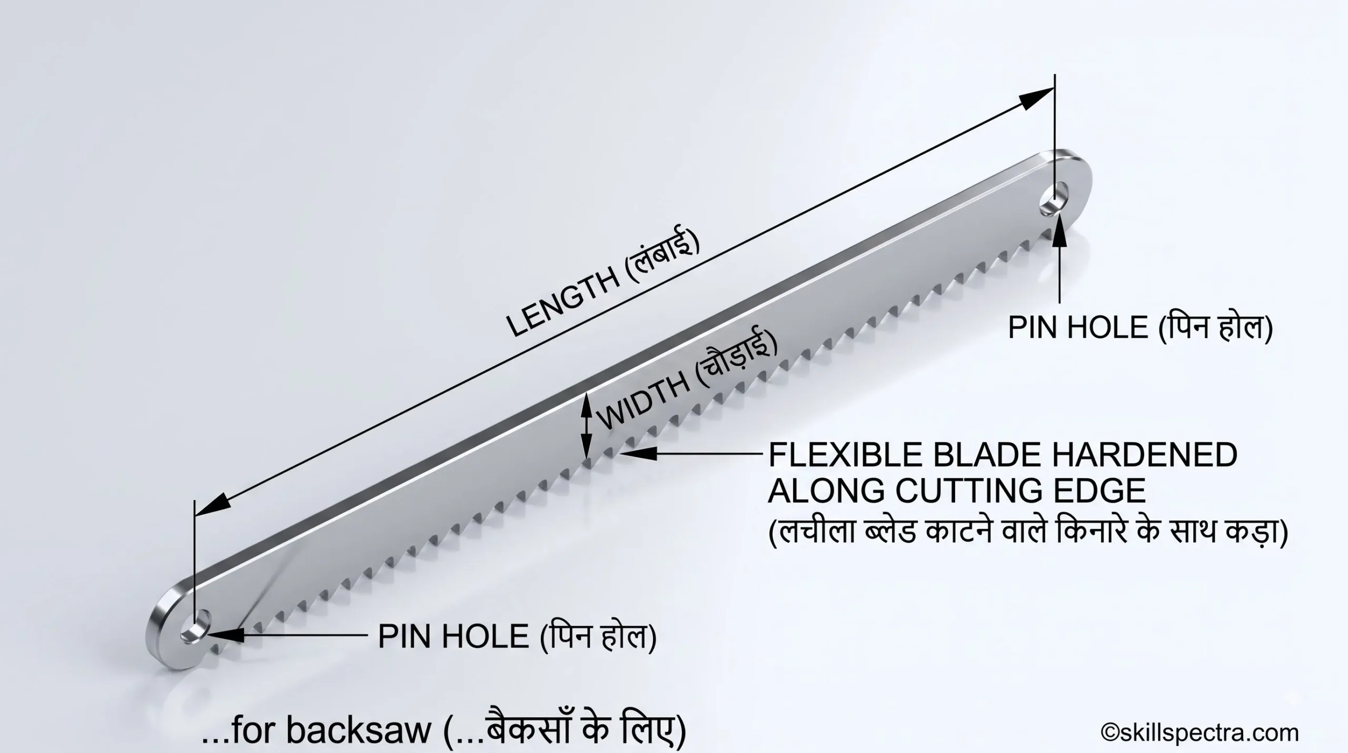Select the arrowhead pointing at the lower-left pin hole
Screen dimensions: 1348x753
(227, 634)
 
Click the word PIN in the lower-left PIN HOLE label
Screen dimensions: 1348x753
(403, 636)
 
